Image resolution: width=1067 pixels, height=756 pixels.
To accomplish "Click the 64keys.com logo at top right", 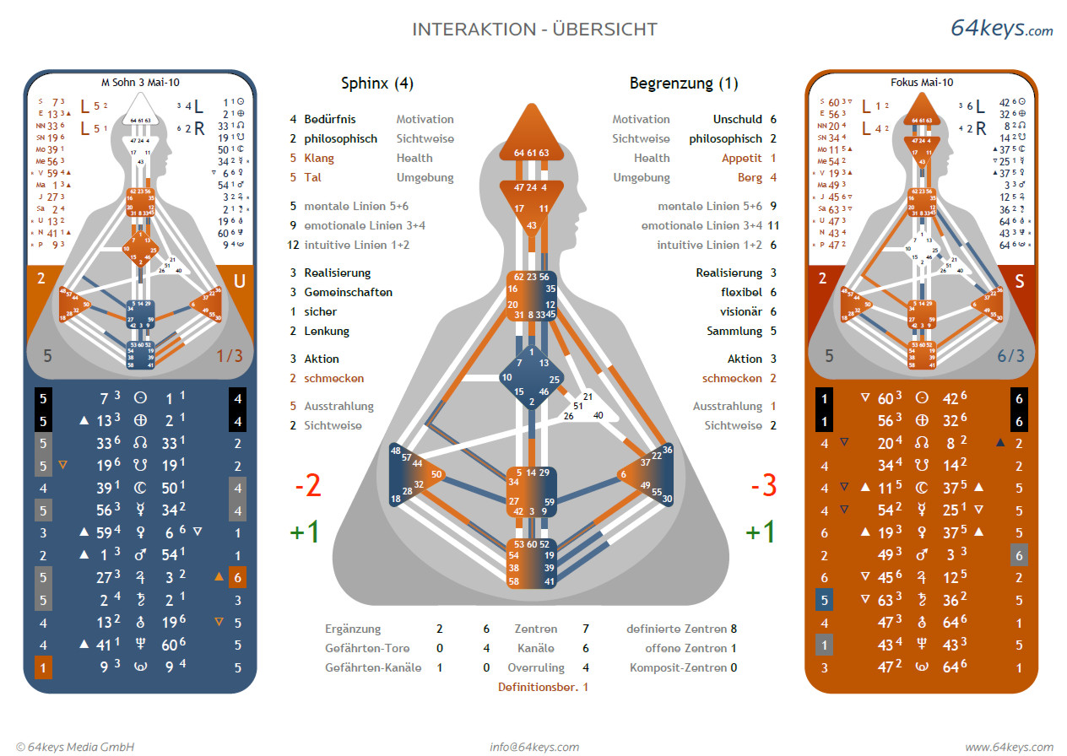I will (1001, 28).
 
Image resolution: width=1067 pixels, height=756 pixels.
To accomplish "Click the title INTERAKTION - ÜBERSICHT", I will (534, 30).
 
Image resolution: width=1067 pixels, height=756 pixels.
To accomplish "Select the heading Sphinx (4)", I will (376, 84).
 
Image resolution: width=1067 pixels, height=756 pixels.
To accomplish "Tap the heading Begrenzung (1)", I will (684, 84).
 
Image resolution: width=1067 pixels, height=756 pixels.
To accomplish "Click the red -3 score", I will (762, 486).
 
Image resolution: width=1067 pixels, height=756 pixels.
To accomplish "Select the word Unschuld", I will (737, 120).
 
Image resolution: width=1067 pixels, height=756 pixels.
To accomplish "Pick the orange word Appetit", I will (741, 159).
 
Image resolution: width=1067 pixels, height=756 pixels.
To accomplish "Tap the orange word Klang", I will (319, 159).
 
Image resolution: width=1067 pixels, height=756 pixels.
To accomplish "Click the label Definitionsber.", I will (537, 688).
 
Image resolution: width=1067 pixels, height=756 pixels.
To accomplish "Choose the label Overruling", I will (536, 668).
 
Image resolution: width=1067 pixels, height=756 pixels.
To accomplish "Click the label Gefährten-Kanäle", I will (373, 668).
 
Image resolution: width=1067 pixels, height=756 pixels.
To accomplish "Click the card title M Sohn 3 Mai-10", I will (140, 83).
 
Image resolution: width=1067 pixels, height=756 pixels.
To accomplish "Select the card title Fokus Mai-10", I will (922, 83).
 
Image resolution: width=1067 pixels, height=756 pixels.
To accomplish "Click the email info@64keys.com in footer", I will (534, 747).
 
